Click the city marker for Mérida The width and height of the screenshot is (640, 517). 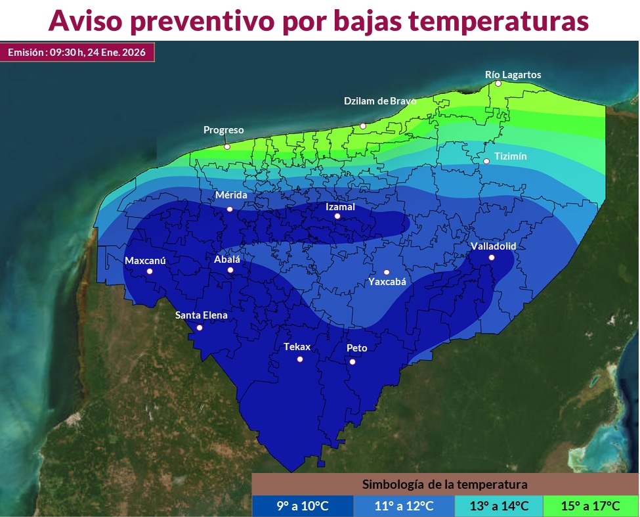[230, 209]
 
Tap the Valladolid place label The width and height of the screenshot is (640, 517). [494, 246]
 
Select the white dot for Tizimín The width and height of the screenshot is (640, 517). [486, 161]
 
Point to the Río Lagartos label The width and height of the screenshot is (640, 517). [513, 75]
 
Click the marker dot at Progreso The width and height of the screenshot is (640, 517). [227, 146]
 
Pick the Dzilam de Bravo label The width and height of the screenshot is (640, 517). [380, 101]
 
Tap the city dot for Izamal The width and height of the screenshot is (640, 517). [337, 216]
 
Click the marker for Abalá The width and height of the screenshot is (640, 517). [230, 270]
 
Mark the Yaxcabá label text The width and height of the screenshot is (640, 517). [387, 282]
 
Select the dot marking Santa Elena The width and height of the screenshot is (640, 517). [200, 327]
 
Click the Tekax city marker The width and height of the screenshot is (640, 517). [300, 359]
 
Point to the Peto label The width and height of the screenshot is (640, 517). [356, 348]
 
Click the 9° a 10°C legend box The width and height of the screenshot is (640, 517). [302, 506]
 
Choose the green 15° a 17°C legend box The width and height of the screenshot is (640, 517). [591, 506]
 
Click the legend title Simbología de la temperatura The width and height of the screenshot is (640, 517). [445, 485]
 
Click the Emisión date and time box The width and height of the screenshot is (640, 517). [77, 52]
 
